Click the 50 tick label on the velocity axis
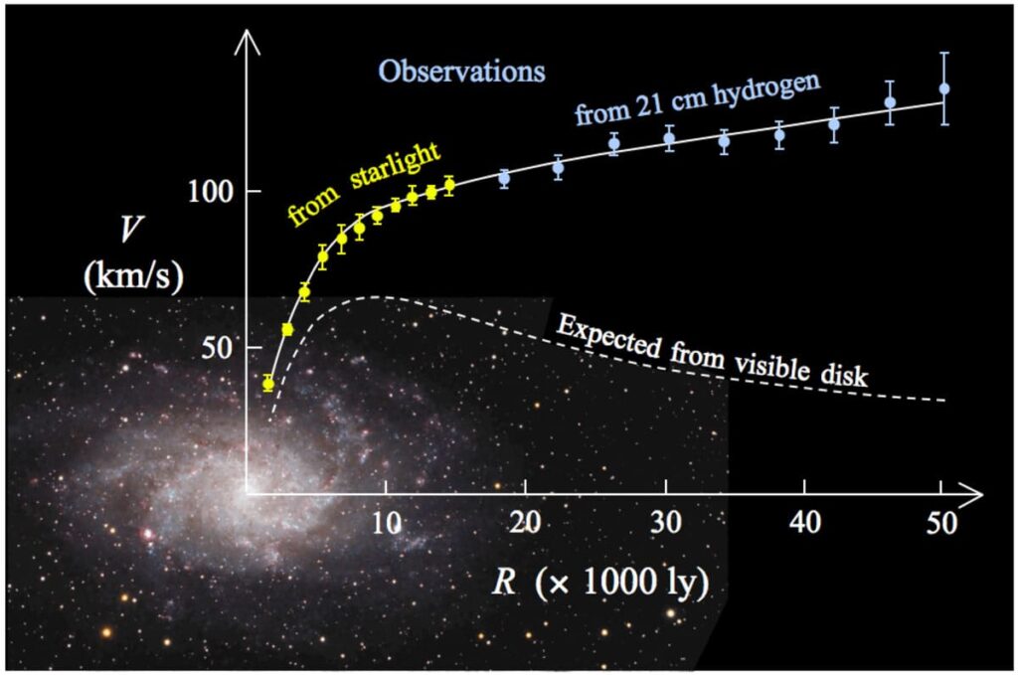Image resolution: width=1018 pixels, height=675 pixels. (220, 348)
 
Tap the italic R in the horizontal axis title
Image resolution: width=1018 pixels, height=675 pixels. (505, 584)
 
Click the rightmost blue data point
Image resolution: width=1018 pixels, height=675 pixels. (944, 88)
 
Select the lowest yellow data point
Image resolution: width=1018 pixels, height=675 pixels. (267, 384)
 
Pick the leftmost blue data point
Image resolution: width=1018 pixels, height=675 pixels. (504, 178)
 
